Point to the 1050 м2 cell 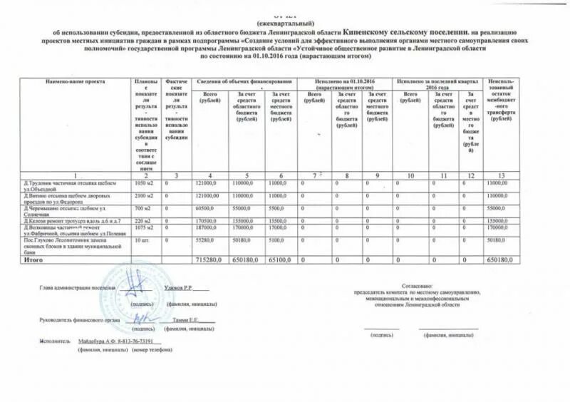(145, 183)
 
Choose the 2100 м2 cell (145, 195)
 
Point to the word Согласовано (415, 283)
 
